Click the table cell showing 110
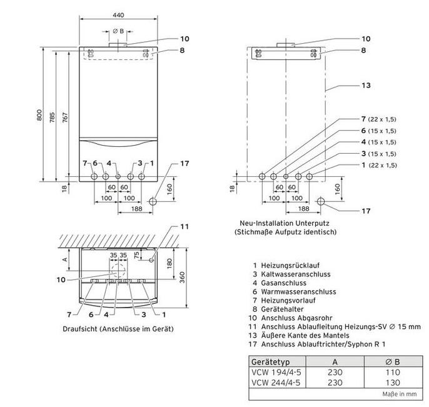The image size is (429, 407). point(393,373)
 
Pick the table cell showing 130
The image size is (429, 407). point(393,382)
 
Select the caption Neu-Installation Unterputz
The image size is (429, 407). point(285,222)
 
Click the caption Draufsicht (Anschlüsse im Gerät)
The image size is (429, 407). point(118,328)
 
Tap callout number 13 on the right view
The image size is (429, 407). point(366,85)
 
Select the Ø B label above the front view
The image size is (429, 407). point(118,31)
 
